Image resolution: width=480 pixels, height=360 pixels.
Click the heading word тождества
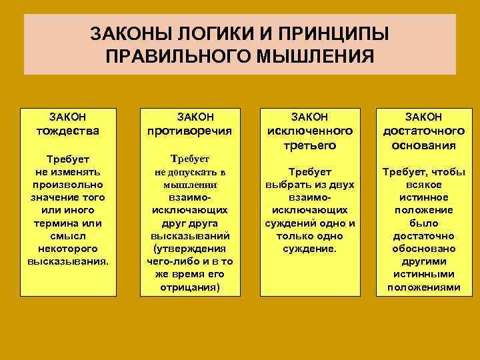(67, 131)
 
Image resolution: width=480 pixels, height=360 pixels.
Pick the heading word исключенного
(310, 131)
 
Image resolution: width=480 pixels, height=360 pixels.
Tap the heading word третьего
(310, 145)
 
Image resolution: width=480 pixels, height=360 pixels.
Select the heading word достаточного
(423, 131)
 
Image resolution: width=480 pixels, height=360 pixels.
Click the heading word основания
(423, 145)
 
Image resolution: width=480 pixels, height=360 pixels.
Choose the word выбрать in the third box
(283, 185)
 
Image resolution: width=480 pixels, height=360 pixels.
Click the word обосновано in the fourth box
(423, 249)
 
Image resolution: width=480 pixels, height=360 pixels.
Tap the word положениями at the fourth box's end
(423, 287)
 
